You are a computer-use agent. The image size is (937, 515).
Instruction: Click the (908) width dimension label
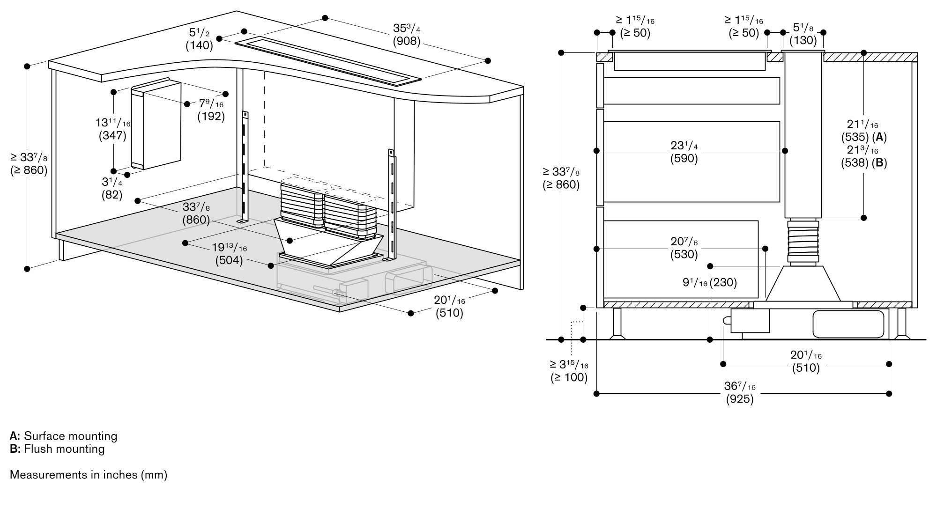(x=406, y=41)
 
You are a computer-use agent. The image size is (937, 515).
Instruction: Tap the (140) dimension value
(x=199, y=45)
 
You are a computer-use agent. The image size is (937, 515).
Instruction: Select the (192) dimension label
(x=211, y=116)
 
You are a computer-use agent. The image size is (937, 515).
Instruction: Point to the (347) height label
(x=112, y=136)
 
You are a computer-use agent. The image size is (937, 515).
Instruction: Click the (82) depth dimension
(x=112, y=195)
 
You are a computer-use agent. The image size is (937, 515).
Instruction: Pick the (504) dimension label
(x=229, y=260)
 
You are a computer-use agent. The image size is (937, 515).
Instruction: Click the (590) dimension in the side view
(x=684, y=159)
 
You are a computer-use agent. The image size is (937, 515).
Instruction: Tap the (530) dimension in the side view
(x=684, y=255)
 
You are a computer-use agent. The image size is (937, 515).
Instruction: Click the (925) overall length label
(x=740, y=399)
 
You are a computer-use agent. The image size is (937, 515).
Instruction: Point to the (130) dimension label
(x=803, y=40)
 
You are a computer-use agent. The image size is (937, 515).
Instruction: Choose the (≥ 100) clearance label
(x=569, y=377)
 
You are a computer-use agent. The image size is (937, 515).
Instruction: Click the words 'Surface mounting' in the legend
(x=70, y=436)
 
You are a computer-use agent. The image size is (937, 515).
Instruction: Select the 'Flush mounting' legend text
(x=64, y=449)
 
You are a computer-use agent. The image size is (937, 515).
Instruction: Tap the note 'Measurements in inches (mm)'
(x=89, y=475)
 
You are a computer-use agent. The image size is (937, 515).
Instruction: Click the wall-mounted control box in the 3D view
(x=156, y=125)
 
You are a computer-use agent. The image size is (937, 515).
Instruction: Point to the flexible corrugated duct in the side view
(x=803, y=242)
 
